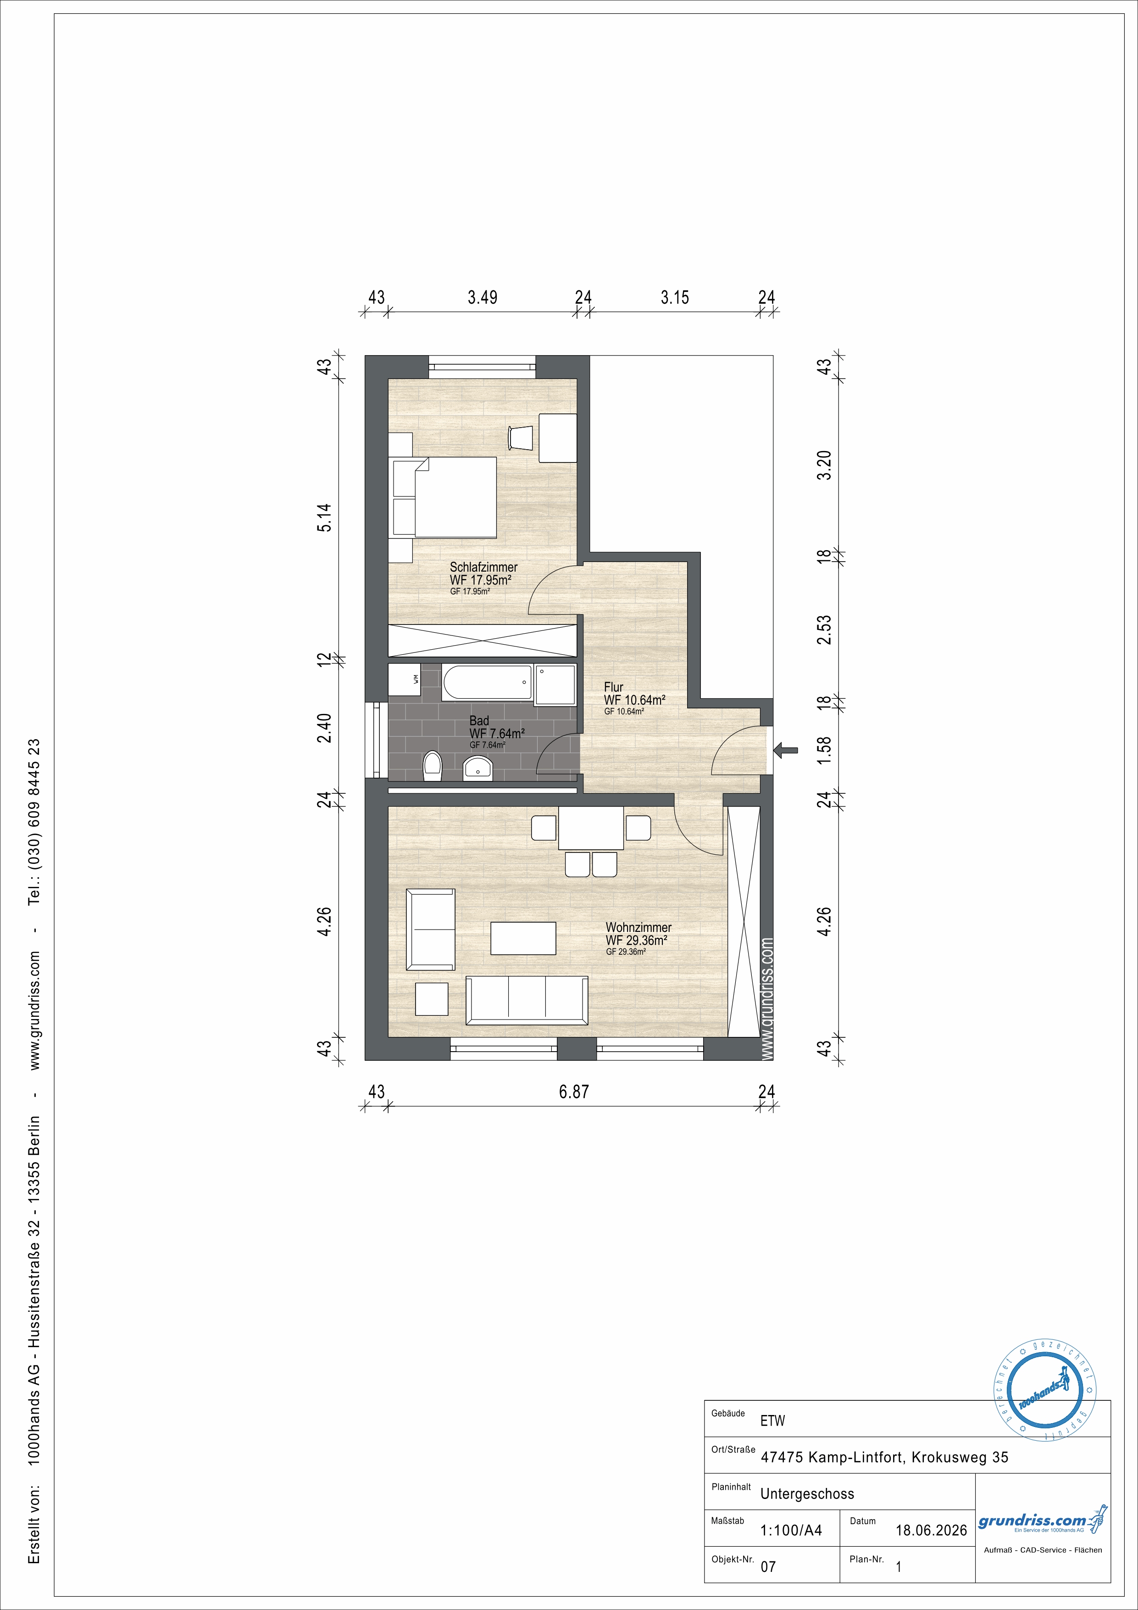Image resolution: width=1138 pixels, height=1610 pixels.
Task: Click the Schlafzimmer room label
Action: (484, 567)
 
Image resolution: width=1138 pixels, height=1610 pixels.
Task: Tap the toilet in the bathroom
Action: (433, 766)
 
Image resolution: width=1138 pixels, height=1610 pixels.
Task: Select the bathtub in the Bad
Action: (487, 682)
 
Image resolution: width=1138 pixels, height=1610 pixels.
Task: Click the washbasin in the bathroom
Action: (479, 768)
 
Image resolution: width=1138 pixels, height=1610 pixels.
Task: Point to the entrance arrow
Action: (785, 750)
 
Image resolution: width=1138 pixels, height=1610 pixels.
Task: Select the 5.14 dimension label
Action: (324, 518)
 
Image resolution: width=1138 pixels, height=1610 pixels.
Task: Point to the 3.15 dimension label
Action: (675, 297)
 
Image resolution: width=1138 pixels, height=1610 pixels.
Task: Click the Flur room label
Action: (614, 687)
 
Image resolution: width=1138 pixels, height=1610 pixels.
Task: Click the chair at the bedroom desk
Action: (520, 438)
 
